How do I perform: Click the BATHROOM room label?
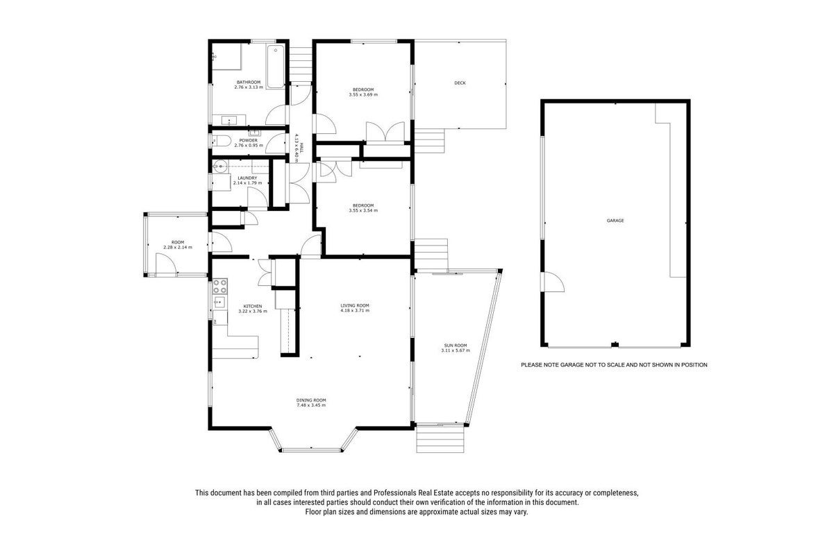click(x=249, y=82)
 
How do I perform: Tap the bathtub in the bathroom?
click(x=276, y=67)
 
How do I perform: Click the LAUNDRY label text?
click(x=247, y=178)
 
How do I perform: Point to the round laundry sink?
click(x=220, y=166)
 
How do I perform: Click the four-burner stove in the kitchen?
click(x=219, y=287)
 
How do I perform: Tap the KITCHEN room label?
click(x=253, y=306)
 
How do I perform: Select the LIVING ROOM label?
click(x=355, y=305)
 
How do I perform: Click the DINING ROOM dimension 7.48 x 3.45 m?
click(x=311, y=405)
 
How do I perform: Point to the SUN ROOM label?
click(x=456, y=345)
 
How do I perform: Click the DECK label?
click(x=460, y=83)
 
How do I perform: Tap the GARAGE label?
click(x=615, y=221)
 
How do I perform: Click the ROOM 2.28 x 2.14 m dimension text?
click(x=178, y=248)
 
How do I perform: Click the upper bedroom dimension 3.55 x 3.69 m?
click(x=363, y=94)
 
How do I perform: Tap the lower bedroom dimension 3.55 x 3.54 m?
click(x=363, y=210)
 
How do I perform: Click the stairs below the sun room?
click(x=440, y=439)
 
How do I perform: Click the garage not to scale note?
click(x=614, y=365)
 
